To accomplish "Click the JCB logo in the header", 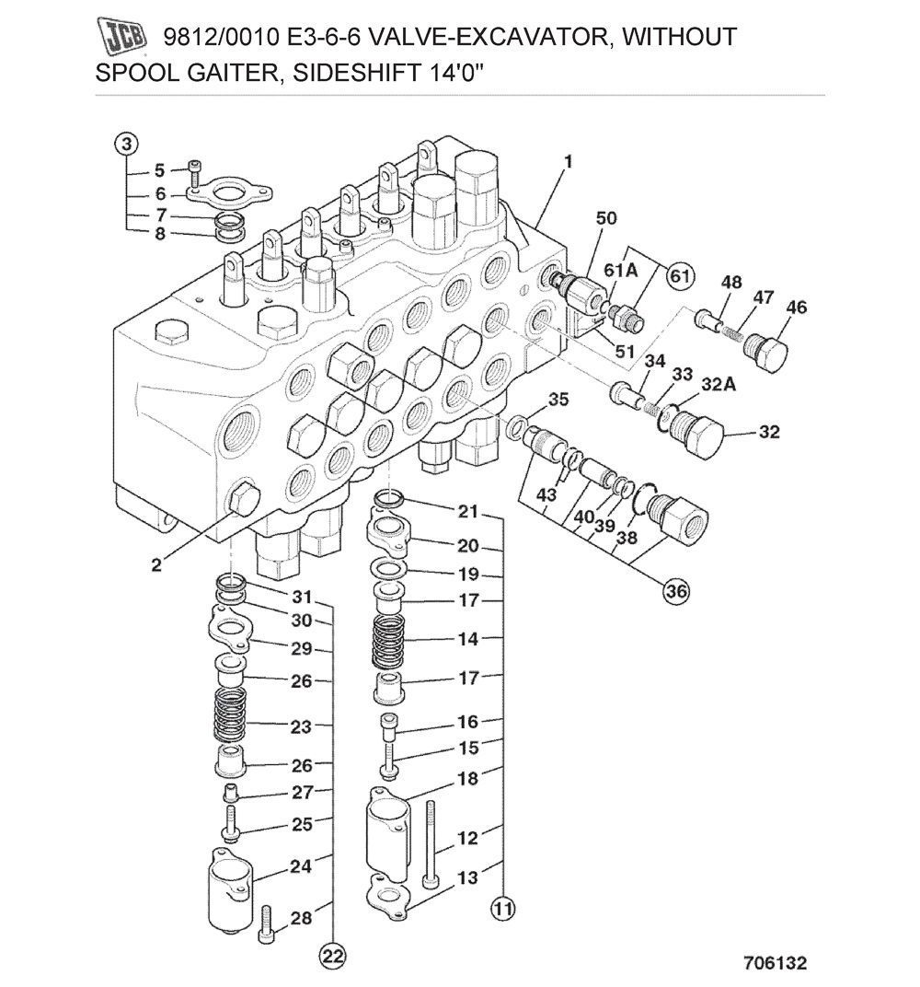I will coord(122,38).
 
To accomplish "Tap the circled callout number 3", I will coord(127,145).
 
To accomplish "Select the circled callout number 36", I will coord(676,592).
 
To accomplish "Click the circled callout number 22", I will coord(333,957).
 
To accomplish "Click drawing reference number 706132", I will coord(775,964).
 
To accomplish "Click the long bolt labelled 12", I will coord(431,842).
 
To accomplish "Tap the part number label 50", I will coord(605,218).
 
